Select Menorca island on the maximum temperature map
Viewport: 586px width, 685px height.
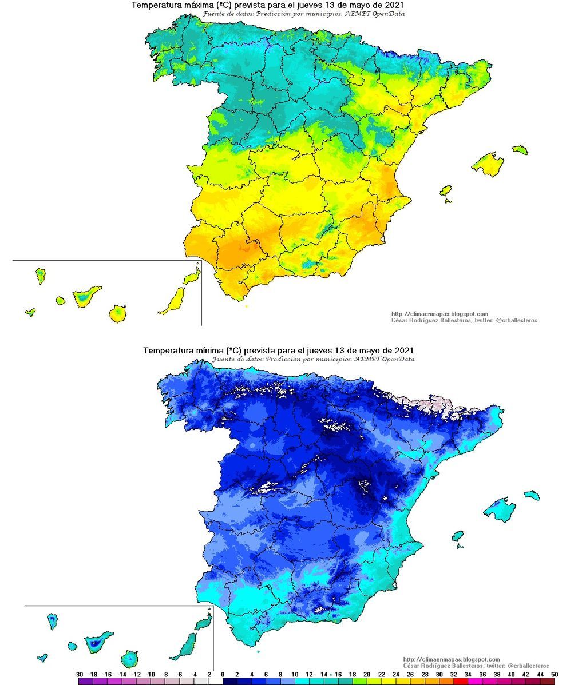[x=520, y=149]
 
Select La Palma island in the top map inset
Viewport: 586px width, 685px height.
[x=40, y=276]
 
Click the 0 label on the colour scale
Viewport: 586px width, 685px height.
[x=222, y=675]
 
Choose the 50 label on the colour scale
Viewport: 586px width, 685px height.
[x=554, y=675]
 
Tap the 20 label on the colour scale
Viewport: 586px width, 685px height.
[x=366, y=675]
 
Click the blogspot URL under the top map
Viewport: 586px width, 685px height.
[x=439, y=314]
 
